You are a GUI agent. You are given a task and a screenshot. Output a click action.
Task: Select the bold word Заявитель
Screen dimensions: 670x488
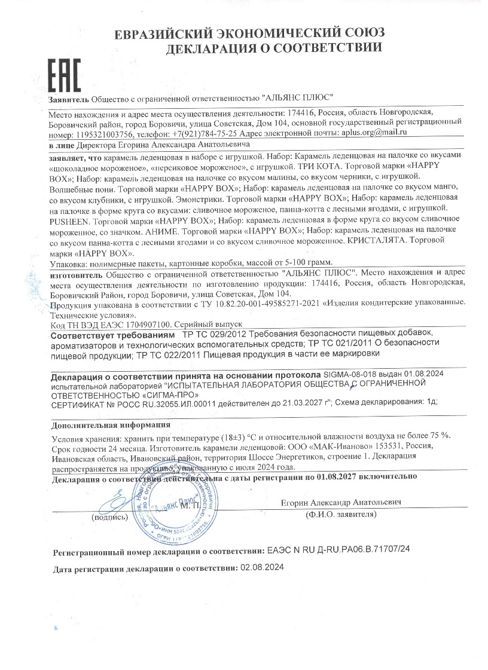pos(69,98)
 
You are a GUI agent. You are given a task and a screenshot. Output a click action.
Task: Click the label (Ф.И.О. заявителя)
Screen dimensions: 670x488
pos(341,514)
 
